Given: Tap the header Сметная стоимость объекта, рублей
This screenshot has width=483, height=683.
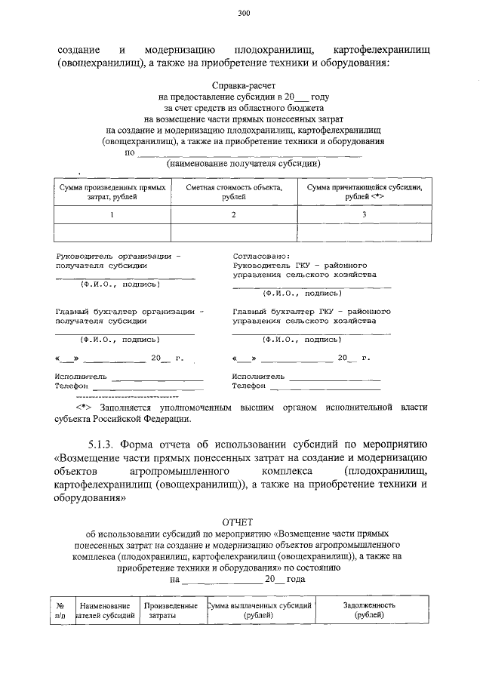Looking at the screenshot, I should [x=234, y=192].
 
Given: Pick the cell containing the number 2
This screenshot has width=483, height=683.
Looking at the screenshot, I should [x=234, y=215].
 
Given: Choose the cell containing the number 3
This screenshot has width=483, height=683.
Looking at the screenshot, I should [x=364, y=215].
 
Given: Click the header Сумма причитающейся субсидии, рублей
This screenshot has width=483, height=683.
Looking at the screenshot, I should [x=364, y=192].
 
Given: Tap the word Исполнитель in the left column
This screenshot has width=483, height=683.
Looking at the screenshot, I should [x=81, y=375].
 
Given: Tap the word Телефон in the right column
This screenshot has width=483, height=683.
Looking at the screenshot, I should [x=249, y=386].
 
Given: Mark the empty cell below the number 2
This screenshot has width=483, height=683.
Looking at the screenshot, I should [x=234, y=232].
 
